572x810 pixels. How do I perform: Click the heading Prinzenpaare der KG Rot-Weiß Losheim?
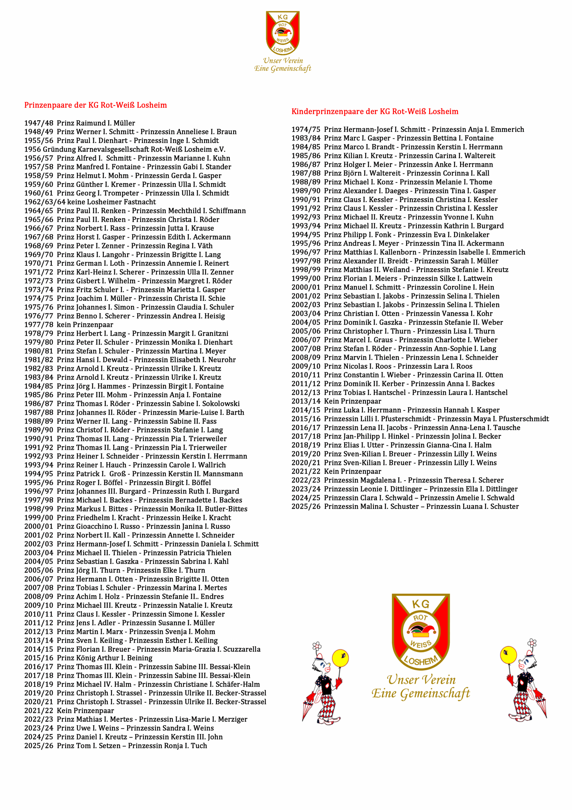click(x=95, y=105)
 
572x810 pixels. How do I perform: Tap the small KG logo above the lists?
click(x=282, y=33)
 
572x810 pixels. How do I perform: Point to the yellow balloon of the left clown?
click(x=340, y=658)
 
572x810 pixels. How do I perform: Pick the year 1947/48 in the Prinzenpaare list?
click(x=39, y=123)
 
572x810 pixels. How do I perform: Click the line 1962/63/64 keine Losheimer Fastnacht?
click(x=90, y=202)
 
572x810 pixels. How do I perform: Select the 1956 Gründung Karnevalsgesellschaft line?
click(x=125, y=149)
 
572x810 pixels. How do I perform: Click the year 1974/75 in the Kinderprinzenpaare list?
click(x=306, y=129)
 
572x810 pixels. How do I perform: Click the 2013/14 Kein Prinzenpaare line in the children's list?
click(x=336, y=401)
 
